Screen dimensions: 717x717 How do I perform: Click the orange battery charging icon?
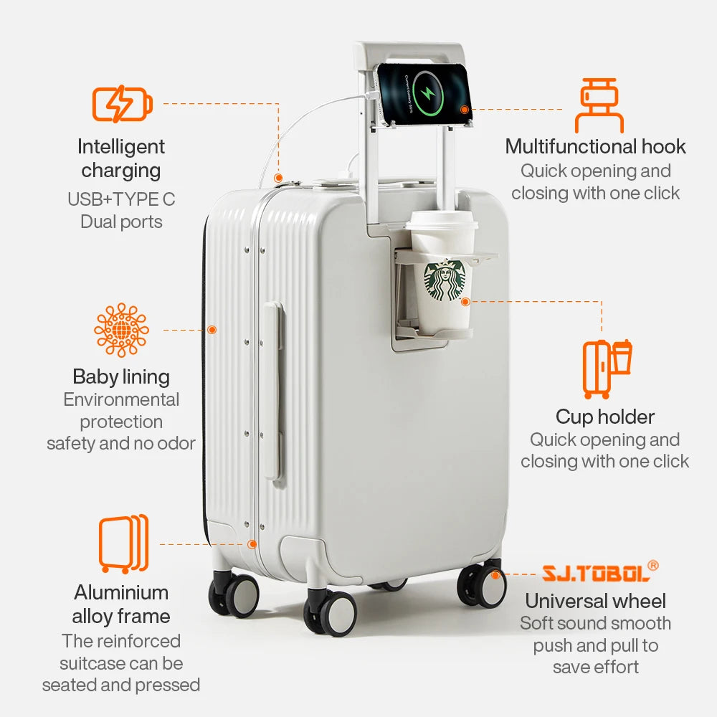(122, 105)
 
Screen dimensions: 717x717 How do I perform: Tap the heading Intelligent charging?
(121, 158)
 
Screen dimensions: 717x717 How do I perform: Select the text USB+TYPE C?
(121, 199)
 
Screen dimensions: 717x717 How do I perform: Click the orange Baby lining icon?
(121, 330)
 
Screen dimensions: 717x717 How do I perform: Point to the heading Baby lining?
(121, 376)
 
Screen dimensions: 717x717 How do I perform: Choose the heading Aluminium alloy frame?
(121, 604)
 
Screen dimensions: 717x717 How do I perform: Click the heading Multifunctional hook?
(595, 147)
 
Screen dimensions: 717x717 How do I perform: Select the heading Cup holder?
(605, 417)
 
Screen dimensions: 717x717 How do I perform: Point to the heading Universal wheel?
(595, 601)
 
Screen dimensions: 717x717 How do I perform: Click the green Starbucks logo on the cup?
(445, 280)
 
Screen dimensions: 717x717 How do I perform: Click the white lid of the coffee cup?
(442, 222)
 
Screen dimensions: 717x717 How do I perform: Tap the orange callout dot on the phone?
(465, 110)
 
